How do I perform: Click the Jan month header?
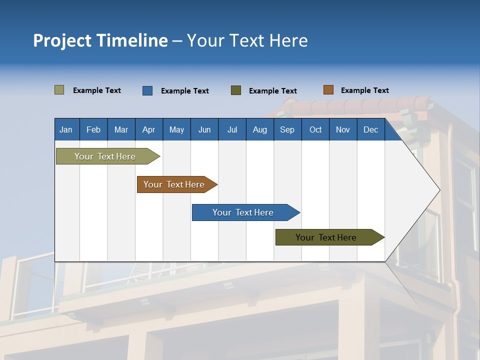[x=66, y=130]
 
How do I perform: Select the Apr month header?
[x=149, y=130]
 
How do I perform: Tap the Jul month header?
[x=232, y=130]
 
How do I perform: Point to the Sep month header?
[x=287, y=130]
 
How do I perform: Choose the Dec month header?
[x=370, y=130]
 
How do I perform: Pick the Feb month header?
[x=93, y=130]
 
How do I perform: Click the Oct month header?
[x=315, y=130]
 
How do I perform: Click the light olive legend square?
[x=59, y=90]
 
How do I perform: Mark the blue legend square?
[x=147, y=90]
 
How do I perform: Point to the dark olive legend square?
[x=236, y=90]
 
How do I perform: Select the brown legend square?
[x=328, y=90]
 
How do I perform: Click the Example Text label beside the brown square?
[x=364, y=90]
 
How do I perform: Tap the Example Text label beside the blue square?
[x=184, y=91]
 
